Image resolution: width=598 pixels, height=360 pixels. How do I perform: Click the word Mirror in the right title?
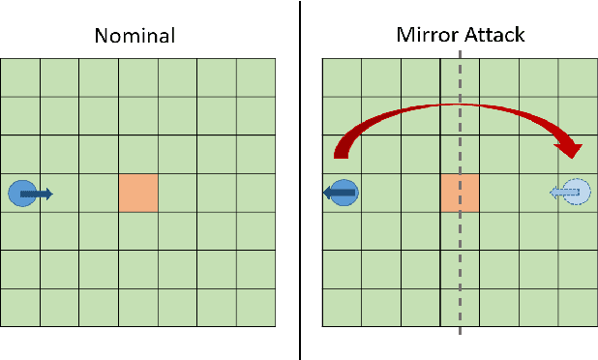(424, 36)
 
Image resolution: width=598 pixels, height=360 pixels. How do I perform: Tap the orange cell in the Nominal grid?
(138, 194)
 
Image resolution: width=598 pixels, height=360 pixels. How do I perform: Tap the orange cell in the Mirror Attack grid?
(460, 194)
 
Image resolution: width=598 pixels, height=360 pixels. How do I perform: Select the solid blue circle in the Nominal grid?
(21, 194)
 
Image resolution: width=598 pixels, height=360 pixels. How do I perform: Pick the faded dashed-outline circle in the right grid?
(577, 194)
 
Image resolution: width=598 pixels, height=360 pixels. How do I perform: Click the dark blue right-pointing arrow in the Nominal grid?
(39, 195)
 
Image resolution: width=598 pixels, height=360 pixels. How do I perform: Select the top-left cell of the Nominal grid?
(20, 77)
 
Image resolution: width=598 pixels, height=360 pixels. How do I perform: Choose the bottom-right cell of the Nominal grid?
(255, 308)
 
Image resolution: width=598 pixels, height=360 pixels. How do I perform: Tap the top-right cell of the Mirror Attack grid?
(577, 77)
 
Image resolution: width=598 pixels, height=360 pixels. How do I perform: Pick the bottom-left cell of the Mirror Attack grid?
(342, 308)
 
